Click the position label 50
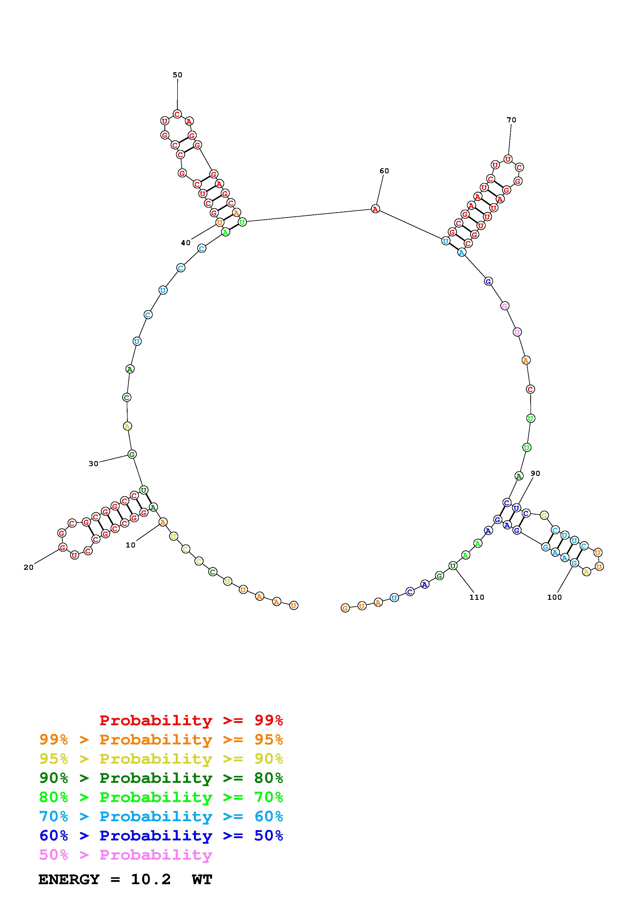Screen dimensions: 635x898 [x=178, y=75]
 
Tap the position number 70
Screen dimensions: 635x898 [x=511, y=120]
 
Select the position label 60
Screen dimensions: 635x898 [x=384, y=171]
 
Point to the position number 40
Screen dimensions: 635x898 [x=185, y=243]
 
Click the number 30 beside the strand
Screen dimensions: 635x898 [x=93, y=464]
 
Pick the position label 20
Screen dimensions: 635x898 [x=29, y=568]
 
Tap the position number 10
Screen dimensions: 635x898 [x=130, y=545]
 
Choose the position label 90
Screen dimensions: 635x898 [x=535, y=474]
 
